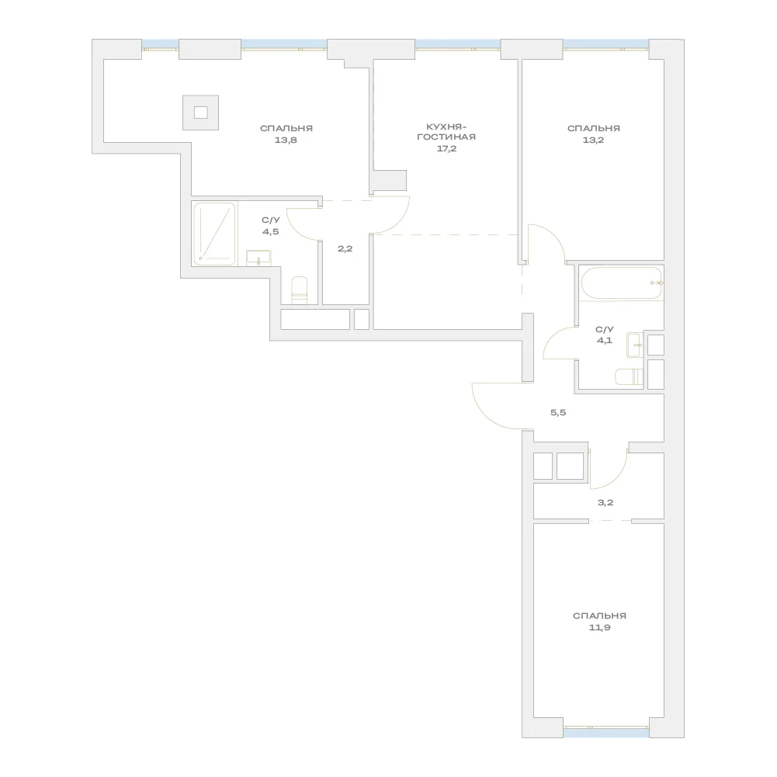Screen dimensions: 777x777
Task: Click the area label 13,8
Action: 286,140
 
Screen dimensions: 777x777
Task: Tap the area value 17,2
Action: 446,149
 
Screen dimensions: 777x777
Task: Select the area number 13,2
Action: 593,140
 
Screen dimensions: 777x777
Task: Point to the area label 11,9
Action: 599,628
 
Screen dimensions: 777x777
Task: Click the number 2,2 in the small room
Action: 345,248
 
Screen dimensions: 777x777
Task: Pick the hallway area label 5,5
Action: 558,412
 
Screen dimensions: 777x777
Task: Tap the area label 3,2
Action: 605,502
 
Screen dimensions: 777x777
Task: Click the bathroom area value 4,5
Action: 271,231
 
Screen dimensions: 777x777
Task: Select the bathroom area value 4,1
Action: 604,341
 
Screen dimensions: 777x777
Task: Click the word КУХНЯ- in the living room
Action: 446,127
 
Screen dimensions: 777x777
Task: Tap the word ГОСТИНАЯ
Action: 446,137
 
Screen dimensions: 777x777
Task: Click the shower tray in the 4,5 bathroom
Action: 214,234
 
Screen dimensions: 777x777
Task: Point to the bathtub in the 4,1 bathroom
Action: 621,283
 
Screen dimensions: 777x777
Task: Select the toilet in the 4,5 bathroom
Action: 300,290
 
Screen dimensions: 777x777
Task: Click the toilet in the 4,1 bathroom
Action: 629,377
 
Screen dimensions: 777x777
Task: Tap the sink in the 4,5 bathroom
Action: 258,258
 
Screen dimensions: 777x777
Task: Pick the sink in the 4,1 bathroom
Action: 635,345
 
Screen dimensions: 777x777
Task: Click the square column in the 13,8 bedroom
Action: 201,113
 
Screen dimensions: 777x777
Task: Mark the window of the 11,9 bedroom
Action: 606,733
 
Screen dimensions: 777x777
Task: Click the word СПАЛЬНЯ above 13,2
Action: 593,129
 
